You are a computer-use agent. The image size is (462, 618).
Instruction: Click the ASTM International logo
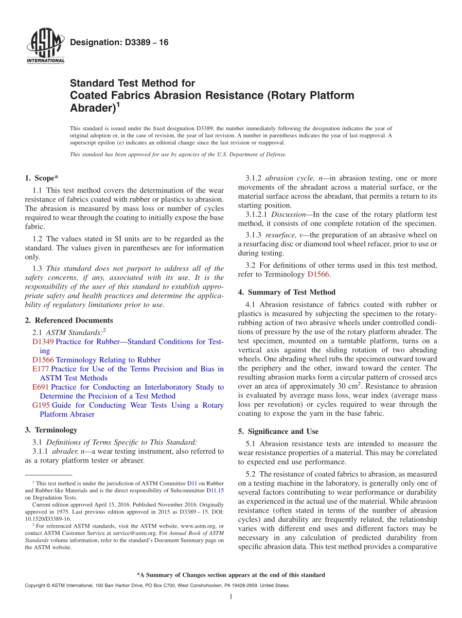45,46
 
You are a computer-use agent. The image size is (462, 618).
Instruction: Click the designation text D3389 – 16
119,43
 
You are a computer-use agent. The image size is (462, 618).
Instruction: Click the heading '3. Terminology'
51,429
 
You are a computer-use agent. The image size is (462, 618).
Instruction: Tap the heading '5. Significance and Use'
283,431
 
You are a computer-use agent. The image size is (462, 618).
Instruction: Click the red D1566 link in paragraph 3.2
319,275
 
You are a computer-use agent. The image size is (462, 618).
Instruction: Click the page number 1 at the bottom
231,597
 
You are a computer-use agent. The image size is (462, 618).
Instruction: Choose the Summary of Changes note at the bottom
231,575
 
